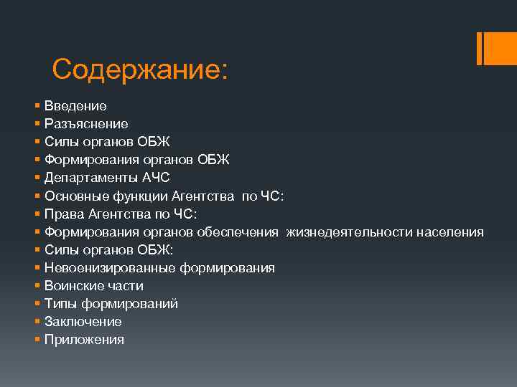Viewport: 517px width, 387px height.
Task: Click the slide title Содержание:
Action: click(139, 70)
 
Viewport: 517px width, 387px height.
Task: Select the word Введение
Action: click(75, 106)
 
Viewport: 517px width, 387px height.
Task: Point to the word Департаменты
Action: click(90, 178)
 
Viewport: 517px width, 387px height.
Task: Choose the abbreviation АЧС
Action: click(155, 178)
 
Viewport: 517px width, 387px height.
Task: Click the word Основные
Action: click(73, 196)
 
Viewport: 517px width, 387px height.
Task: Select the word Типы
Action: click(60, 304)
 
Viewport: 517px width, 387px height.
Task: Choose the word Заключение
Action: click(83, 322)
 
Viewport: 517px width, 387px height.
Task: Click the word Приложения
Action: click(84, 340)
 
